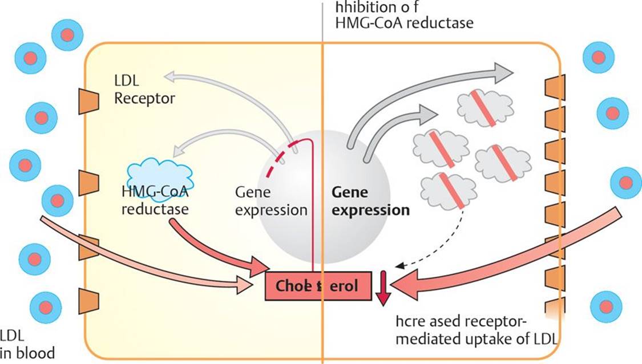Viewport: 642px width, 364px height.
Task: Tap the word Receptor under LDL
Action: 144,98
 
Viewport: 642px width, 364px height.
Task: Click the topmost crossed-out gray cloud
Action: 485,108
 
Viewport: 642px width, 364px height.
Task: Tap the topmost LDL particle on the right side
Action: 598,58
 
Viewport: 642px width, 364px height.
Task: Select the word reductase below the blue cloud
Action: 155,209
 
